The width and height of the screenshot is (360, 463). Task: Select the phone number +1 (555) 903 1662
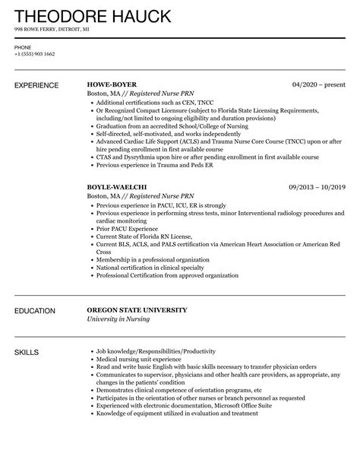[x=34, y=55]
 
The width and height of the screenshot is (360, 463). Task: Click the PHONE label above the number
[x=23, y=47]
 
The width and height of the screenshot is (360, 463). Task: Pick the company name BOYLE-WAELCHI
[x=117, y=186]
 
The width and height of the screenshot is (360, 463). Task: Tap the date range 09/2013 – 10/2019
[x=314, y=186]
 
